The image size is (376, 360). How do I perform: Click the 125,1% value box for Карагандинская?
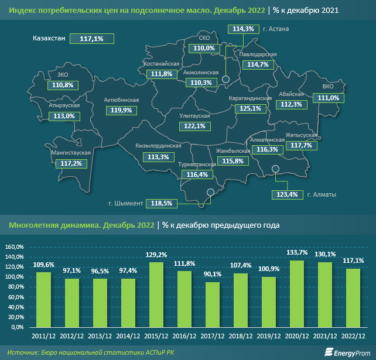coord(250,108)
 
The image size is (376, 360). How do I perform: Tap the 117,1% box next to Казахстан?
coord(91,38)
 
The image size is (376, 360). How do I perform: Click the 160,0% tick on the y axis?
coord(13,247)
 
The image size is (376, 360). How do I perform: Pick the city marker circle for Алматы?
coord(276,170)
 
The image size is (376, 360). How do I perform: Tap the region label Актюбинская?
coord(121,100)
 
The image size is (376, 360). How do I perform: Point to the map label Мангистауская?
coord(70,153)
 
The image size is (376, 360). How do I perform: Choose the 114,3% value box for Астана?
coord(243,29)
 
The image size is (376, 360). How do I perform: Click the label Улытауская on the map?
coord(194,116)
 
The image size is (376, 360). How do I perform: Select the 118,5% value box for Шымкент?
coord(161,203)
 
